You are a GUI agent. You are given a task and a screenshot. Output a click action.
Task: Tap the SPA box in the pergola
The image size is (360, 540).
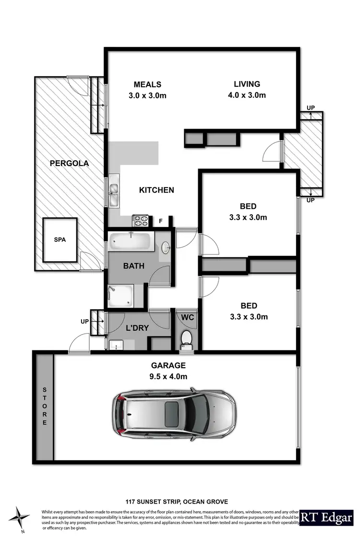pyautogui.click(x=60, y=240)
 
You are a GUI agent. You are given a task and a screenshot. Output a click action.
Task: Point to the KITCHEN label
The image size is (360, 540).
pyautogui.click(x=156, y=190)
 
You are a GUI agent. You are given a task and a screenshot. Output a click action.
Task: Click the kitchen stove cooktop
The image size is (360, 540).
pyautogui.click(x=141, y=221)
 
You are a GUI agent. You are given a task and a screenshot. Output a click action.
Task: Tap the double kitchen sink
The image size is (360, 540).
pyautogui.click(x=114, y=191)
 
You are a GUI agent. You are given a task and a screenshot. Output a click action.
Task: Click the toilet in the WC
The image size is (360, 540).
pyautogui.click(x=186, y=337)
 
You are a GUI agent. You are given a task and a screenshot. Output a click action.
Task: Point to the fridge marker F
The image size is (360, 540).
pyautogui.click(x=161, y=221)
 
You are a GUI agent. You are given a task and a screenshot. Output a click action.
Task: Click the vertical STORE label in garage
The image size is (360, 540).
pyautogui.click(x=45, y=406)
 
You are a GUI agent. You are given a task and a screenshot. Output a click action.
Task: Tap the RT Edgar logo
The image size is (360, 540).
pyautogui.click(x=328, y=517)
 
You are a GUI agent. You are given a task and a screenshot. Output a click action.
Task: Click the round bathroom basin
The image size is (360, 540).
pyautogui.click(x=165, y=247)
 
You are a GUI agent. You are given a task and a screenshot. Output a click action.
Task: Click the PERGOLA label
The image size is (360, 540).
pyautogui.click(x=70, y=163)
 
